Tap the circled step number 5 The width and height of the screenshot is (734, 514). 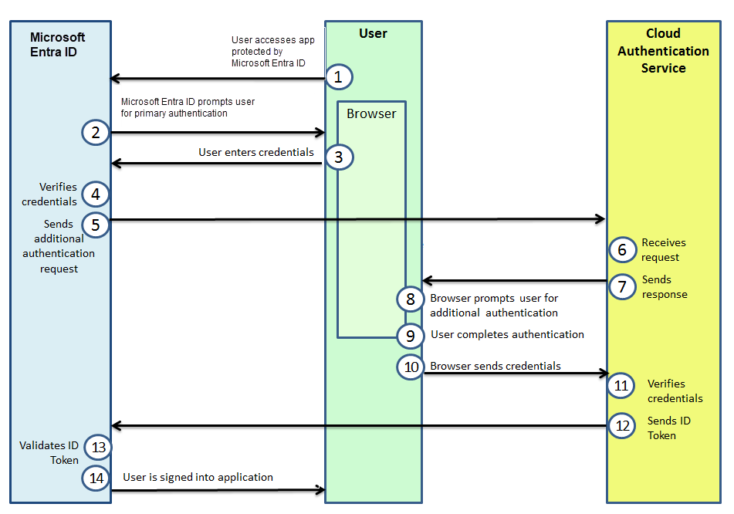coord(96,224)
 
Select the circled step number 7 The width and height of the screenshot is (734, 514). coord(621,286)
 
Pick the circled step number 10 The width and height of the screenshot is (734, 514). coord(411,367)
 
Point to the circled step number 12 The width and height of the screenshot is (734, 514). coord(621,425)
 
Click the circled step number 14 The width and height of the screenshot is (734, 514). coord(96,478)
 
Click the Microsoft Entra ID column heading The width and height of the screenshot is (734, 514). coord(58,45)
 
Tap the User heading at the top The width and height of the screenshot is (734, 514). coord(373,33)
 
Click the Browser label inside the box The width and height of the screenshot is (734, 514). coord(371,113)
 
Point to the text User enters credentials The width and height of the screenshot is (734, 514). coord(256,152)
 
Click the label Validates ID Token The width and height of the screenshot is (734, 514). coord(49,452)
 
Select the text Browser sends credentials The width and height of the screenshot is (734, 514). coord(496,366)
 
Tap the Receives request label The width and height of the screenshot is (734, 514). coord(663,249)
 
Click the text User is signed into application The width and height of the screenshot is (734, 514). coord(198,477)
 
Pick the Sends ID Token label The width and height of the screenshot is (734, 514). coord(668,428)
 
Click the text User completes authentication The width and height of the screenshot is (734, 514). coord(507,334)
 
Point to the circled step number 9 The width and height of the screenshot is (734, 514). coord(411,336)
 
